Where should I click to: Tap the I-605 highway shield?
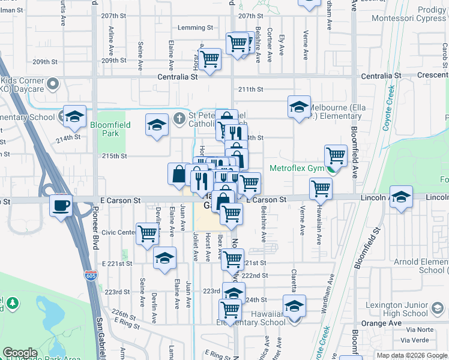pyautogui.click(x=91, y=275)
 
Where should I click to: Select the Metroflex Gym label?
pyautogui.click(x=297, y=169)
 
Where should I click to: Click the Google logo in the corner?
pyautogui.click(x=20, y=353)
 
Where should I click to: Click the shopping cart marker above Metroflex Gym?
pyautogui.click(x=336, y=156)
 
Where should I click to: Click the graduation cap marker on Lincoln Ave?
pyautogui.click(x=400, y=197)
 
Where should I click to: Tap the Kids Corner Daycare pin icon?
pyautogui.click(x=52, y=83)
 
